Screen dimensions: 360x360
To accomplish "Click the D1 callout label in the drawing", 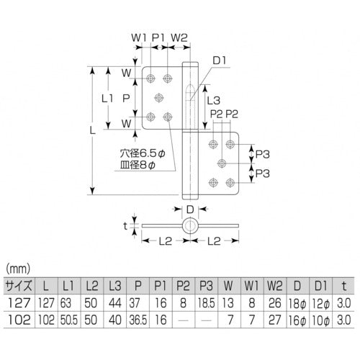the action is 220,60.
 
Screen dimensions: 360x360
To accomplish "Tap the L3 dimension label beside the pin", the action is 213,100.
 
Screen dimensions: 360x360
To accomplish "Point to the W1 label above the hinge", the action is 139,37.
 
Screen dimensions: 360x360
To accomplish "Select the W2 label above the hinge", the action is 179,37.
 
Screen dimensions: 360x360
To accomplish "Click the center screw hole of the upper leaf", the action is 158,98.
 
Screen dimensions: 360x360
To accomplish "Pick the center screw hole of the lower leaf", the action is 222,163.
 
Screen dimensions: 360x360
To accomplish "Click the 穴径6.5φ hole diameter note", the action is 143,153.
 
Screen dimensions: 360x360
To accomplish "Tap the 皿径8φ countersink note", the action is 138,165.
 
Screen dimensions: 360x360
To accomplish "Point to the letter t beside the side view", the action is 125,226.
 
